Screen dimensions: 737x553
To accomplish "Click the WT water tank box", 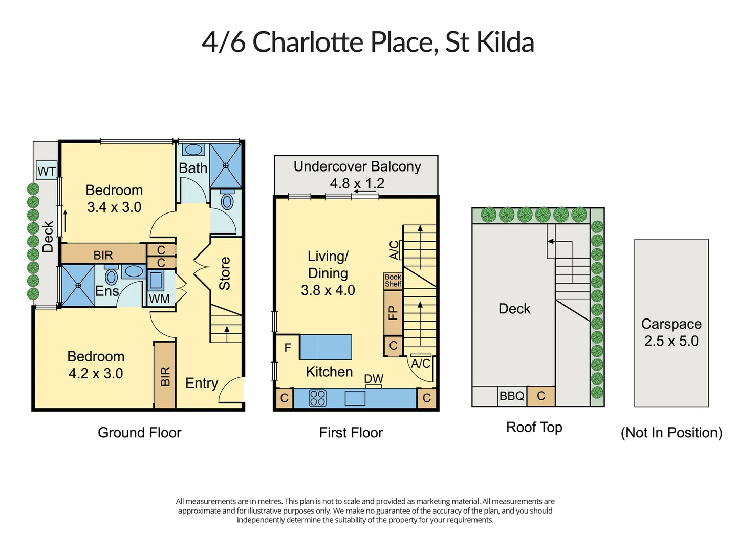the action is pyautogui.click(x=47, y=170).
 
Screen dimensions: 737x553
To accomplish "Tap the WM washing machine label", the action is pyautogui.click(x=159, y=299).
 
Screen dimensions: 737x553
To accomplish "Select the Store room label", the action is pyautogui.click(x=225, y=273).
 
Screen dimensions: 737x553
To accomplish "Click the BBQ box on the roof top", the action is pyautogui.click(x=512, y=396).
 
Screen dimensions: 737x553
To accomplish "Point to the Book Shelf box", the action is pyautogui.click(x=393, y=281).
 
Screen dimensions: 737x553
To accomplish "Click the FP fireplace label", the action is pyautogui.click(x=393, y=312).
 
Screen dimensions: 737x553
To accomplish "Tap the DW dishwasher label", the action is pyautogui.click(x=374, y=379).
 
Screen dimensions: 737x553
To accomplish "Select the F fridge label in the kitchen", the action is pyautogui.click(x=288, y=348).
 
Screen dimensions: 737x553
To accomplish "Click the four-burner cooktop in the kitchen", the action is pyautogui.click(x=317, y=398).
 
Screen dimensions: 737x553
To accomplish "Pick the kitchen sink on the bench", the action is pyautogui.click(x=355, y=398).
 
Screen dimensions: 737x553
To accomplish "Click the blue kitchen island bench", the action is pyautogui.click(x=326, y=347).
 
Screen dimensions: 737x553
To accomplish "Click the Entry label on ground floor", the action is pyautogui.click(x=202, y=383).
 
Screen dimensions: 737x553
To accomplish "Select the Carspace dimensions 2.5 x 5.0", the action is pyautogui.click(x=671, y=341).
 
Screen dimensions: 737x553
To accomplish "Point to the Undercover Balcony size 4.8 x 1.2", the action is pyautogui.click(x=357, y=183).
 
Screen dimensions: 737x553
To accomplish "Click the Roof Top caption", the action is pyautogui.click(x=534, y=428).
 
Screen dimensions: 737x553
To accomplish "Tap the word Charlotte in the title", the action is pyautogui.click(x=308, y=42).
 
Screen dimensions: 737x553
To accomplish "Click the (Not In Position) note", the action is pyautogui.click(x=671, y=433).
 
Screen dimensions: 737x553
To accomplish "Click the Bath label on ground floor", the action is pyautogui.click(x=193, y=168).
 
